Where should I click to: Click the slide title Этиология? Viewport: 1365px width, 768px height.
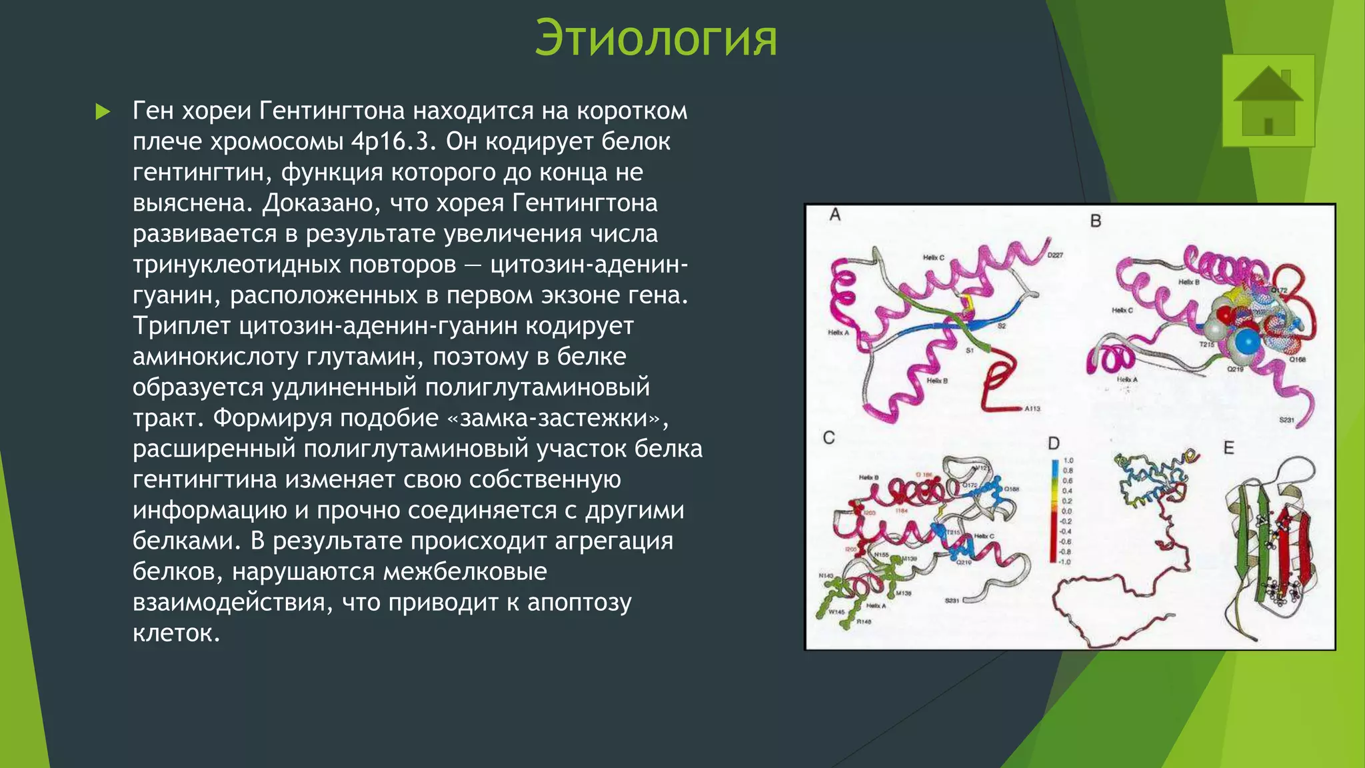point(656,39)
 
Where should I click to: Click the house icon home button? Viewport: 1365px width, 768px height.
point(1268,101)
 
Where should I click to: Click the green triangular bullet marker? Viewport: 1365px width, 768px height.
point(103,111)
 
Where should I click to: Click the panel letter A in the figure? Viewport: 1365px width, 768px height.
point(835,215)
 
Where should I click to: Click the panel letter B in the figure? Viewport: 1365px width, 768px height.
point(1095,221)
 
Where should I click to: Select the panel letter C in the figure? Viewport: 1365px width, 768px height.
point(828,438)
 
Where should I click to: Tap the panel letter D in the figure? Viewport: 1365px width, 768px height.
point(1053,443)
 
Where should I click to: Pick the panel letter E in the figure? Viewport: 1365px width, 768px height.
point(1228,448)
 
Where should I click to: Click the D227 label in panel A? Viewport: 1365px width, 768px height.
point(1055,255)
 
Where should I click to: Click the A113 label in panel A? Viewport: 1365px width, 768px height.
point(1032,409)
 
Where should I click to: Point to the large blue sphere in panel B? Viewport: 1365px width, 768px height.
point(1247,341)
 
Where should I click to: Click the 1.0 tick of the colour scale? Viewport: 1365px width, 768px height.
point(1068,461)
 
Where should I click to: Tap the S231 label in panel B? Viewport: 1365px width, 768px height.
point(1286,420)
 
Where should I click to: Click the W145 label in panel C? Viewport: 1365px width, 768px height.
point(836,611)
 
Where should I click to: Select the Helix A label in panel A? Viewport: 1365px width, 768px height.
point(838,333)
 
